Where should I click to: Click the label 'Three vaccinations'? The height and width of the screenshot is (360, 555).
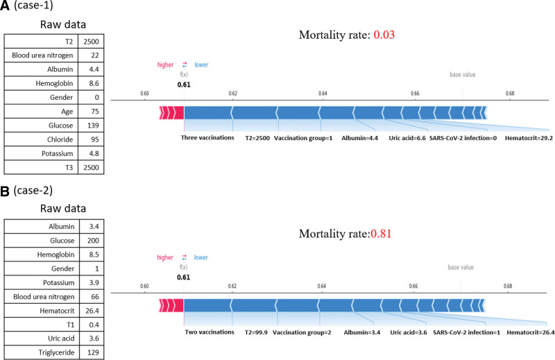206,137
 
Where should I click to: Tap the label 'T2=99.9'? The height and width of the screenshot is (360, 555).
253,332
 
